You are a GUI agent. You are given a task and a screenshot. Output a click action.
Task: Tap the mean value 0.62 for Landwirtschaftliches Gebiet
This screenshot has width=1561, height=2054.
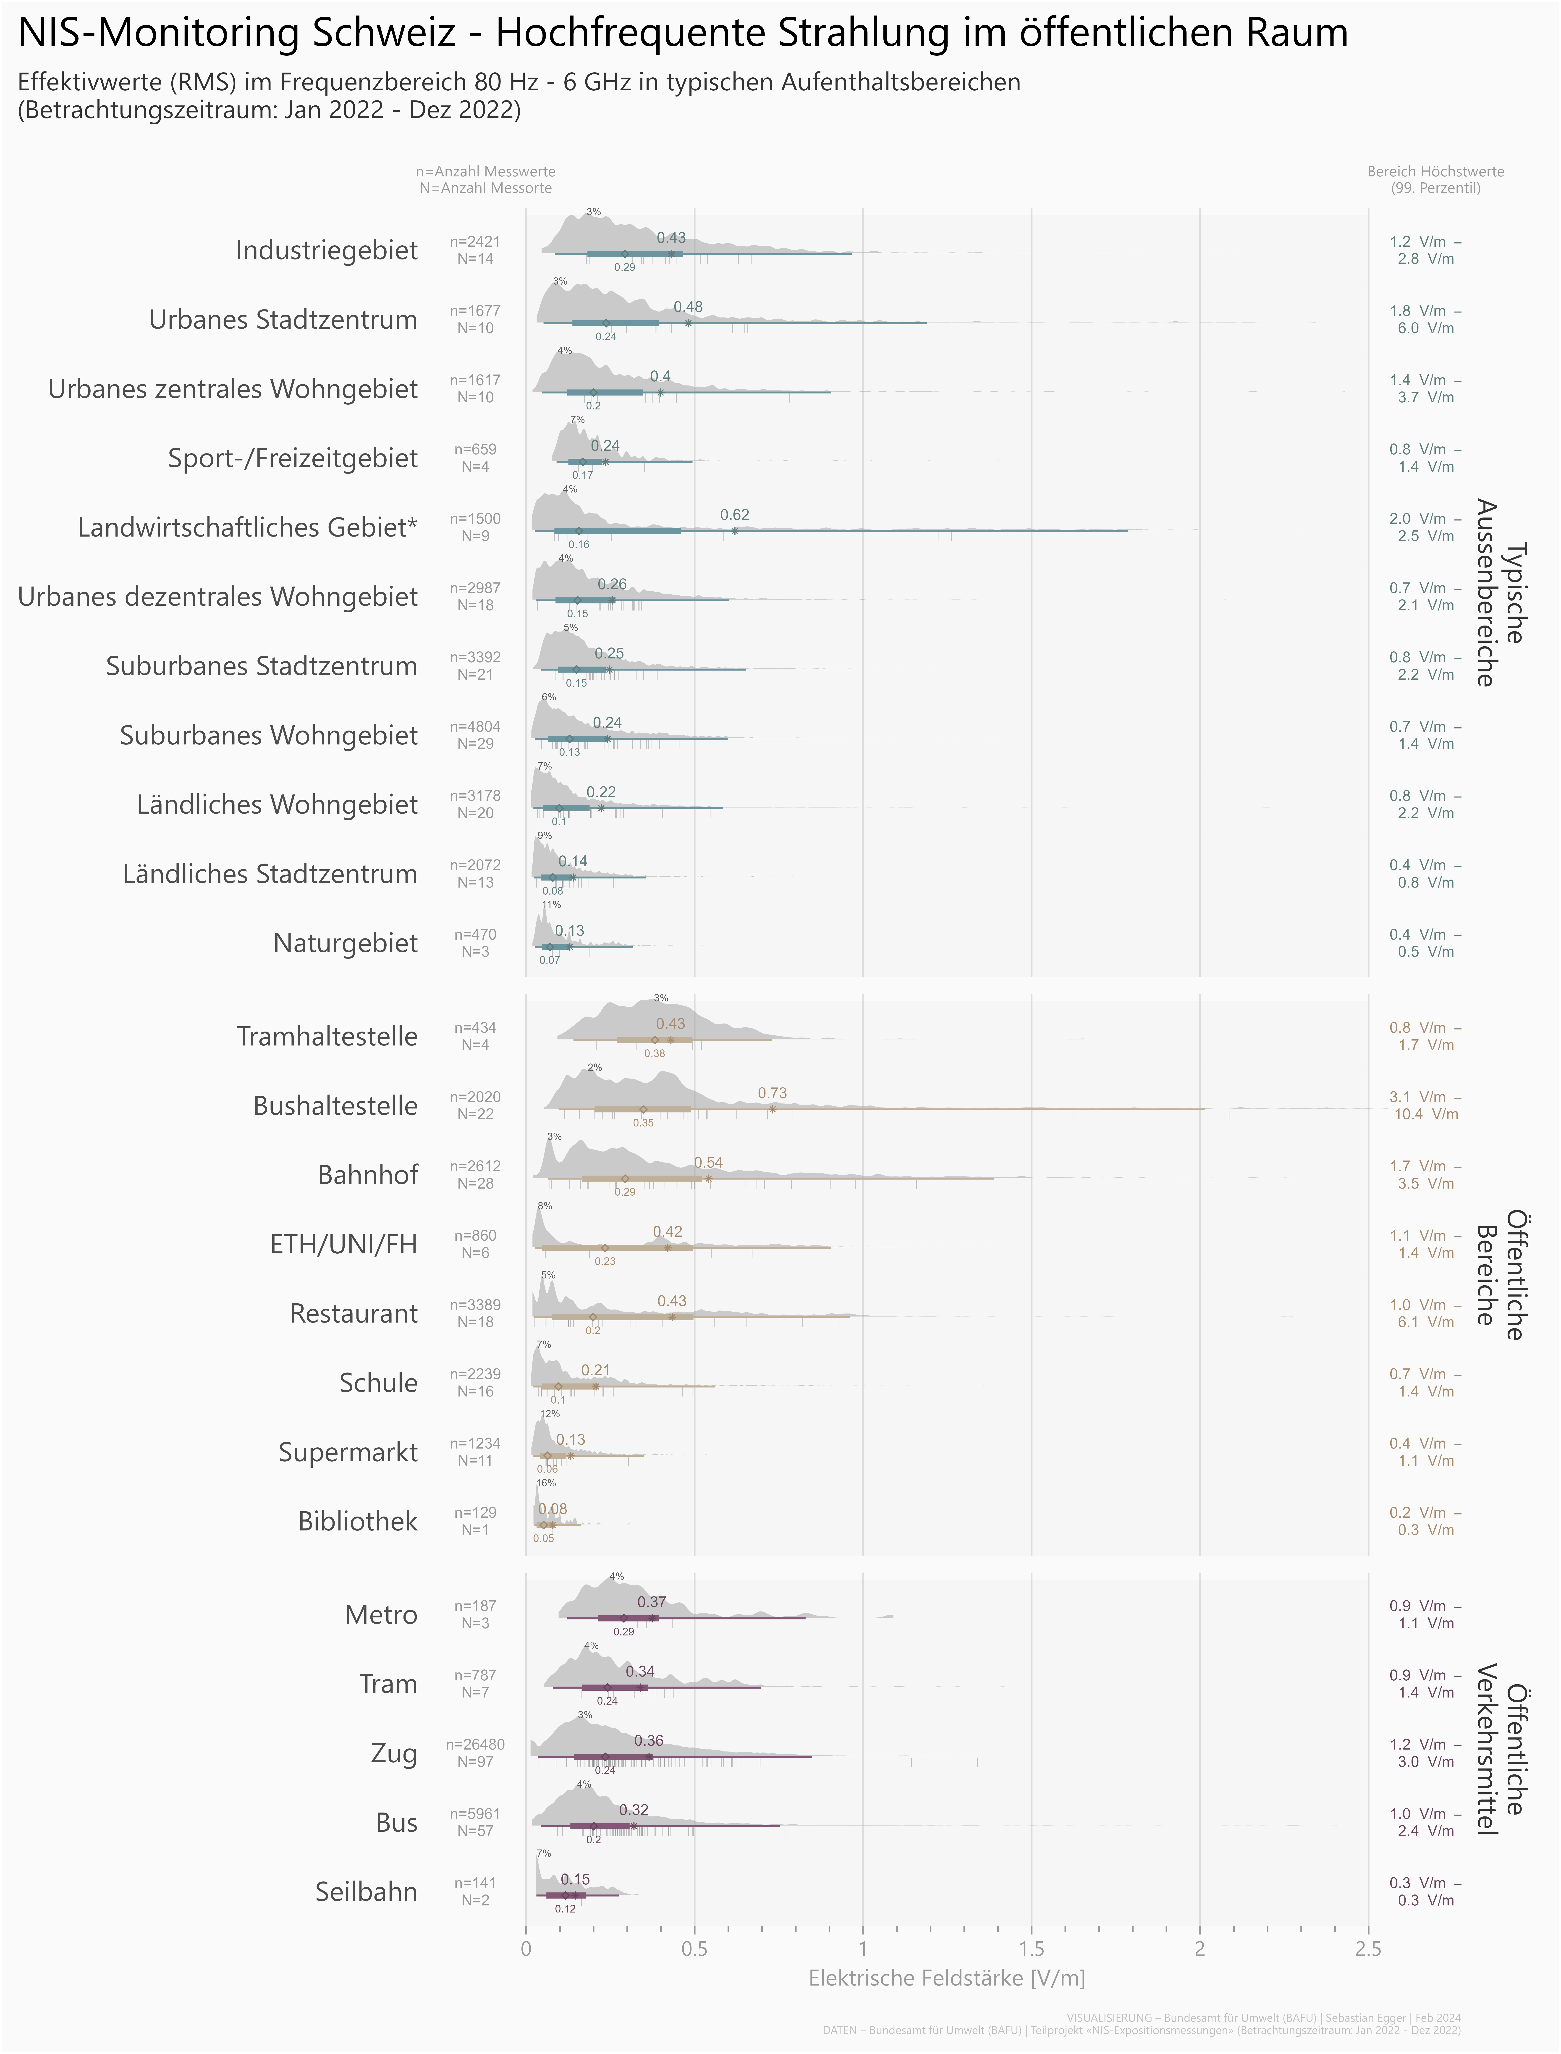[734, 515]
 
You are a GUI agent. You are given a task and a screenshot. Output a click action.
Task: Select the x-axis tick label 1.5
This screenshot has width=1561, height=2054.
[1031, 1949]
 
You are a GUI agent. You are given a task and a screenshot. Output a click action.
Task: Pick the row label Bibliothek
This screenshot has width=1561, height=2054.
[358, 1522]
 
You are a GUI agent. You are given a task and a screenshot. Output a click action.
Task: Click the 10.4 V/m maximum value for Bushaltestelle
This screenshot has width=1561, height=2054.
[1425, 1114]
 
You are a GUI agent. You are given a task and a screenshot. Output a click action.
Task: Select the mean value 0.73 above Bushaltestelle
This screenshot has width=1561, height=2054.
[772, 1093]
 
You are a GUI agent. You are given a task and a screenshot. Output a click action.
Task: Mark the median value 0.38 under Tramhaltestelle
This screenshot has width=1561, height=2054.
[654, 1053]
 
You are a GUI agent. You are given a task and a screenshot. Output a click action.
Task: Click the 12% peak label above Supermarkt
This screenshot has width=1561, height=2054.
[550, 1414]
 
